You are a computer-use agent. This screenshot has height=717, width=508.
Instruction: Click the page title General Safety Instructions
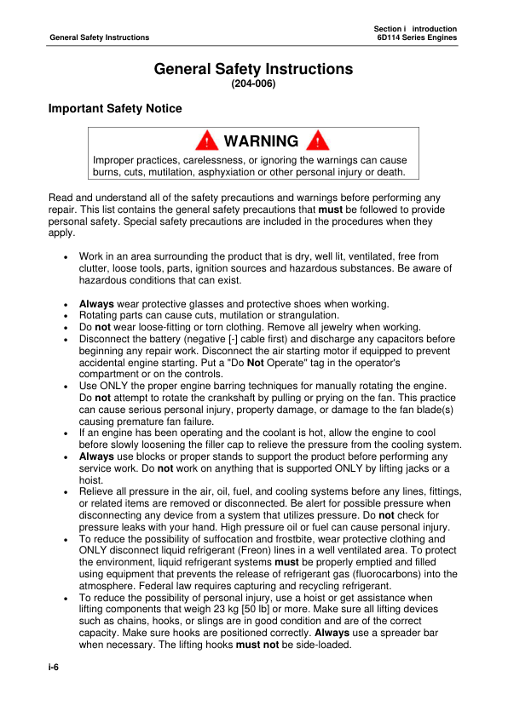point(253,69)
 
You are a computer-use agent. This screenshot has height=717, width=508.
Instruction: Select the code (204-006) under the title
point(253,84)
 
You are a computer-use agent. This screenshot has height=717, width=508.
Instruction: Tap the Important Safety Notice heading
point(115,109)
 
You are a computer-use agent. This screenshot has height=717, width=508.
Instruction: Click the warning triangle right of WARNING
point(317,141)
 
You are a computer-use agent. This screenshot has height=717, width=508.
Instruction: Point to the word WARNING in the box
point(261,141)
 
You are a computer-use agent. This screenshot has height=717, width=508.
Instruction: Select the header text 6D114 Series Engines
point(417,37)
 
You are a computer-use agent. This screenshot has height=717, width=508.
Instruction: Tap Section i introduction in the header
point(415,28)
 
